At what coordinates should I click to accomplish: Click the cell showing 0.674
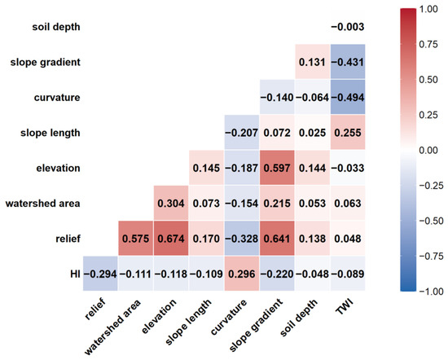pyautogui.click(x=171, y=239)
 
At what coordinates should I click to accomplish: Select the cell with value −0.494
pyautogui.click(x=348, y=97)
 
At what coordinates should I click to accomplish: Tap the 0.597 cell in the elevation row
pyautogui.click(x=277, y=168)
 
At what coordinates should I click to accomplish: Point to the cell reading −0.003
pyautogui.click(x=348, y=27)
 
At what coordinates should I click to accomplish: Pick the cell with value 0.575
pyautogui.click(x=135, y=239)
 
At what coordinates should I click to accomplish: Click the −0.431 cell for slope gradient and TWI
pyautogui.click(x=348, y=62)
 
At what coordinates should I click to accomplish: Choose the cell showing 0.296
pyautogui.click(x=242, y=274)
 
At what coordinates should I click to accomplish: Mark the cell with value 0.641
pyautogui.click(x=277, y=239)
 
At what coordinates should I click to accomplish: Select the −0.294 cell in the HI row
pyautogui.click(x=100, y=274)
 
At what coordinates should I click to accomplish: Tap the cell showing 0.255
pyautogui.click(x=348, y=132)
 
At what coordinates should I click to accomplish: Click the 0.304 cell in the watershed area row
pyautogui.click(x=171, y=203)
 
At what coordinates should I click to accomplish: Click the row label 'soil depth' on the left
pyautogui.click(x=56, y=27)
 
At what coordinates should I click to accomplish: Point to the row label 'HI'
pyautogui.click(x=75, y=274)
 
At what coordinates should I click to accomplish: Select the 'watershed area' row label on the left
pyautogui.click(x=43, y=203)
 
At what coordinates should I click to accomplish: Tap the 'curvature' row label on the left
pyautogui.click(x=57, y=98)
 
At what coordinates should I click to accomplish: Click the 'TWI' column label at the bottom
pyautogui.click(x=345, y=306)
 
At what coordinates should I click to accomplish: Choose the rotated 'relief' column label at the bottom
pyautogui.click(x=95, y=309)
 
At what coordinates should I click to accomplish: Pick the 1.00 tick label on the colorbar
pyautogui.click(x=428, y=9)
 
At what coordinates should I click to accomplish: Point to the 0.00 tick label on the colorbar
pyautogui.click(x=428, y=151)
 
